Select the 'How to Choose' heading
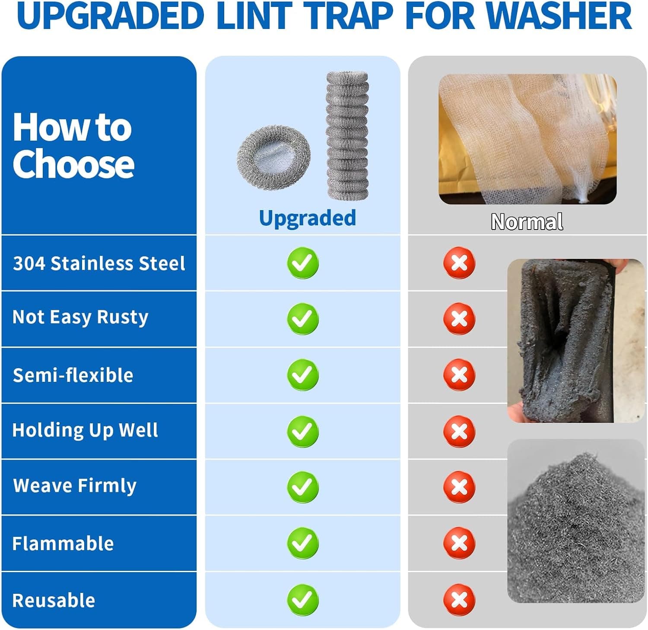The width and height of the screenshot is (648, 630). (x=73, y=145)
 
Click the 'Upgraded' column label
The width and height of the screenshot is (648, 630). (x=308, y=218)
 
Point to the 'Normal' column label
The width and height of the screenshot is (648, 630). (x=527, y=222)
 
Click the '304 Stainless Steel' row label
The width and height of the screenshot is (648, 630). (x=99, y=263)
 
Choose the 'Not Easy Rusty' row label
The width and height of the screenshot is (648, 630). (x=80, y=317)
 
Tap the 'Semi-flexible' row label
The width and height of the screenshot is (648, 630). (x=73, y=375)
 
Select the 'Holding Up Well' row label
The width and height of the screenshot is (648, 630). (x=85, y=430)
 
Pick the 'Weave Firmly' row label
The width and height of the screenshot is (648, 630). (x=75, y=486)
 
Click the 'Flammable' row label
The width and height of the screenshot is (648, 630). (x=63, y=543)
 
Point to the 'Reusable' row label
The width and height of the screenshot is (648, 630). (x=54, y=600)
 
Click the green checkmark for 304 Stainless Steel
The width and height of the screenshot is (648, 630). (x=303, y=263)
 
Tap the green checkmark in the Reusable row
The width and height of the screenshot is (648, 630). (x=303, y=600)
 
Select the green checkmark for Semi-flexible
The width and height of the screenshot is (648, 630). (x=303, y=375)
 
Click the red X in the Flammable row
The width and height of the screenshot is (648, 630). (x=459, y=543)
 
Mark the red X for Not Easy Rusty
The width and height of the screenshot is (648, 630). (x=459, y=318)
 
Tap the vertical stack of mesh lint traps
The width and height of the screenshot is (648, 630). (x=347, y=135)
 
